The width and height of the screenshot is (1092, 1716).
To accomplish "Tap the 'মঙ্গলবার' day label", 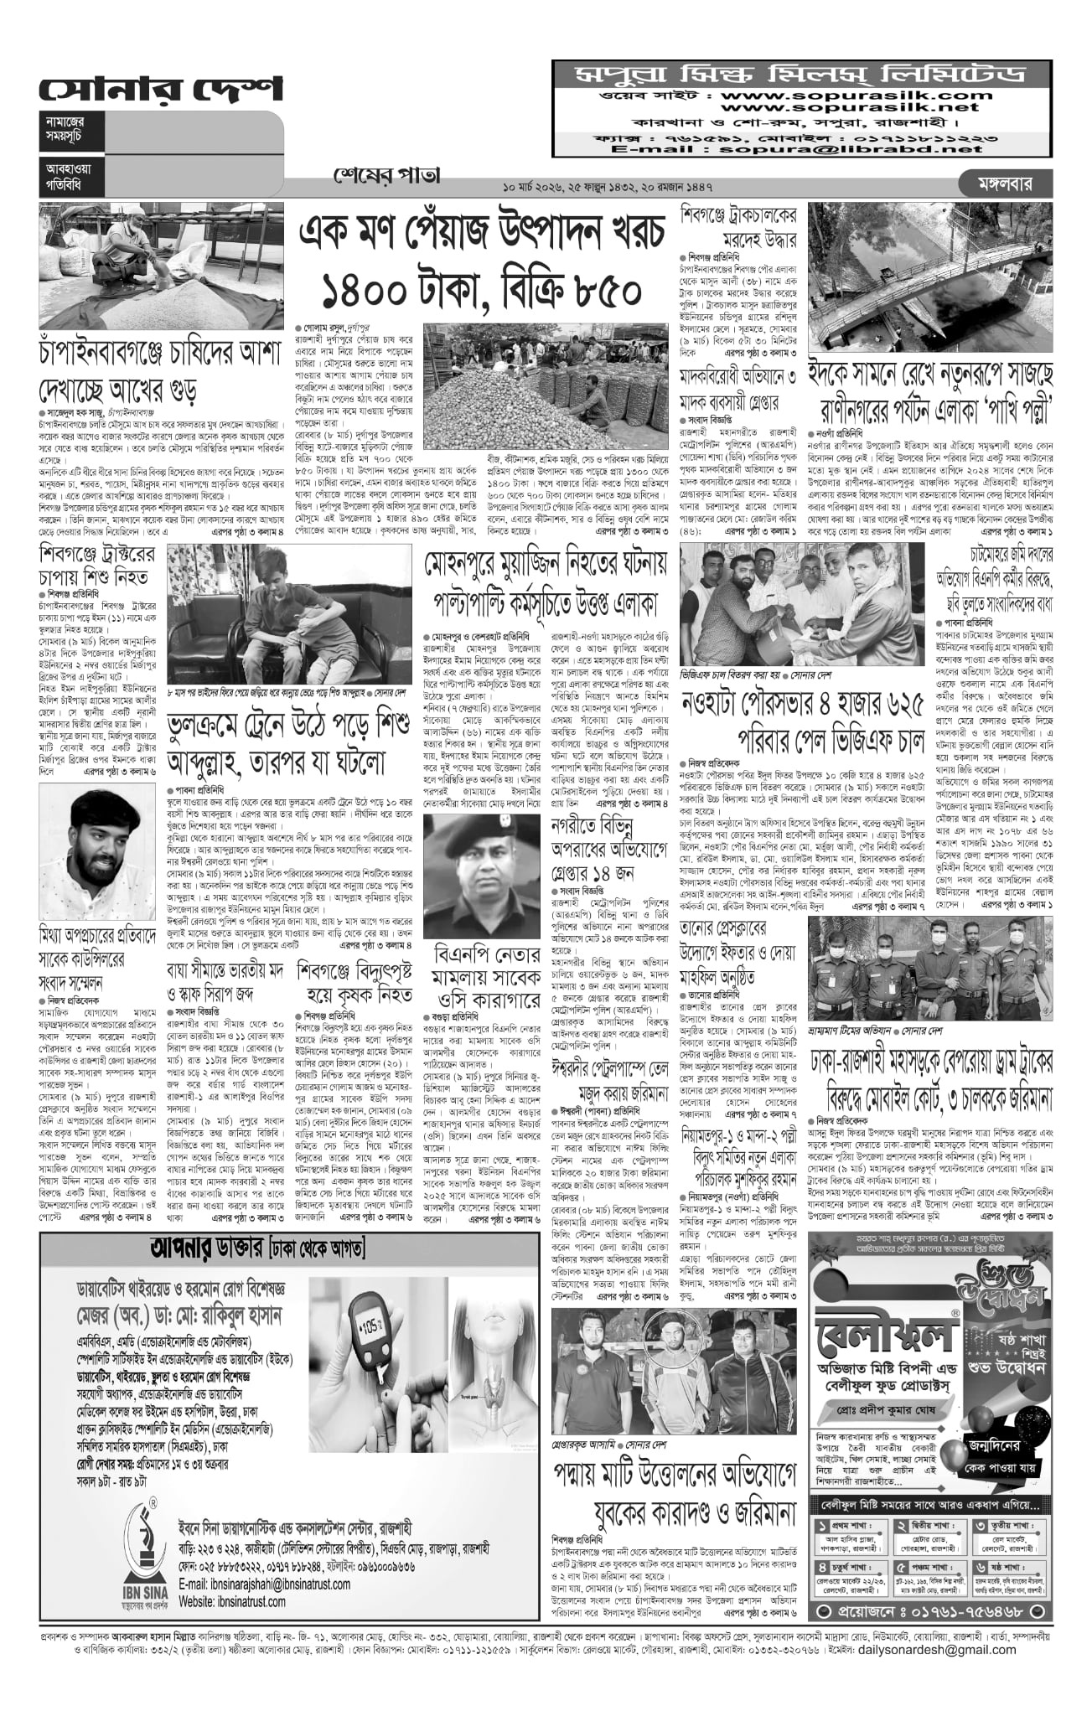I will pos(1006,182).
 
